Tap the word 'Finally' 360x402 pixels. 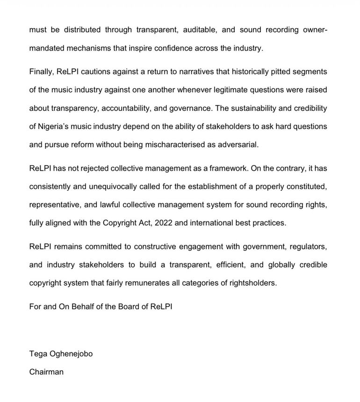coord(42,71)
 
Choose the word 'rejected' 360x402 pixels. coord(95,168)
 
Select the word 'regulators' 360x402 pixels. coord(308,247)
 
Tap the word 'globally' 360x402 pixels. coord(281,264)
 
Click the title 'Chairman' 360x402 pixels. coord(46,372)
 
